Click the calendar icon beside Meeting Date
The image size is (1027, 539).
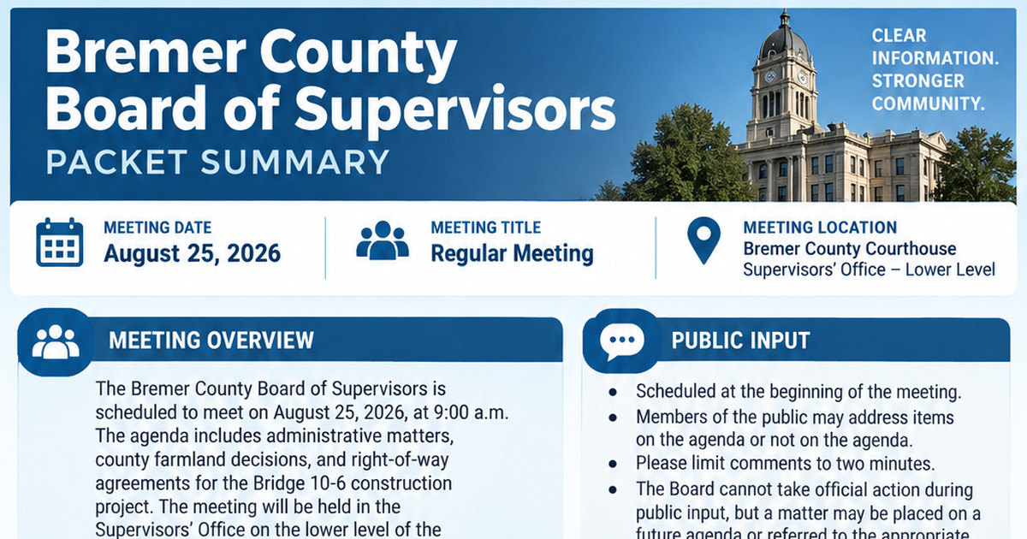60,242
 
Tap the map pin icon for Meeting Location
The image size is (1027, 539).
703,240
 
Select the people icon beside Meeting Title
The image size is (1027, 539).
383,240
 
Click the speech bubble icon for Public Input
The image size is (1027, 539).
621,341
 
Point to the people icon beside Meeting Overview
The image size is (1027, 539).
56,342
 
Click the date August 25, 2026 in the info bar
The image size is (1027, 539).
192,253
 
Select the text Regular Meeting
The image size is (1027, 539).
512,253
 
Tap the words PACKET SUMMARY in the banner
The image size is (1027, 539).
217,163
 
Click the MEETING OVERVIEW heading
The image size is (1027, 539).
211,341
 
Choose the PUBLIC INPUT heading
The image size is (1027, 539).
740,341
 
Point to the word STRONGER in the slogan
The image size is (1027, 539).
917,81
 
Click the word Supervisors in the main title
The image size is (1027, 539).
454,110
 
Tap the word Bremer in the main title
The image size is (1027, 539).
146,52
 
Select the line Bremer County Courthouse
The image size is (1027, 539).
850,249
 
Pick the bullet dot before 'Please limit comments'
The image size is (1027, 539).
613,464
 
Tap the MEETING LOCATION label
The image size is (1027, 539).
820,228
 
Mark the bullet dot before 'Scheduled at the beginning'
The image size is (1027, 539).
613,393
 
